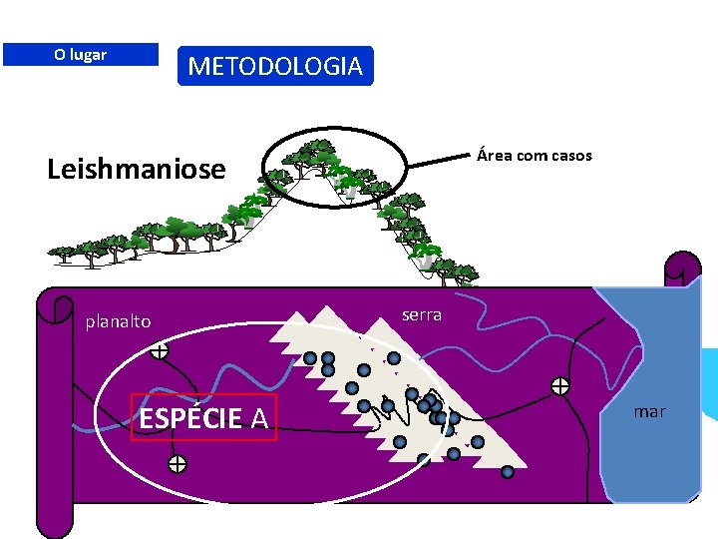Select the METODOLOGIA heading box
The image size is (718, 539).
[x=275, y=66]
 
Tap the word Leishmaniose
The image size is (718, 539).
[x=137, y=169]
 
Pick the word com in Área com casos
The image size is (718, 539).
[x=532, y=155]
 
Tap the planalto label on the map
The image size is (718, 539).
[x=118, y=321]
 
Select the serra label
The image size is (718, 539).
[x=421, y=314]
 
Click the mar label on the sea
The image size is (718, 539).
[x=649, y=411]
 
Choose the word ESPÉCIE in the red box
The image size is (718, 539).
[x=190, y=418]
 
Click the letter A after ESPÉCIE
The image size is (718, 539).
[x=258, y=418]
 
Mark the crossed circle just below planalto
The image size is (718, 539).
[x=159, y=350]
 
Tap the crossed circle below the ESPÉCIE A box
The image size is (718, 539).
[x=177, y=463]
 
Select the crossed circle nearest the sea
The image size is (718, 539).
[x=560, y=386]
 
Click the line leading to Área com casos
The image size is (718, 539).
[x=438, y=163]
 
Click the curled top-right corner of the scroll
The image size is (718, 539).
[x=681, y=271]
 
